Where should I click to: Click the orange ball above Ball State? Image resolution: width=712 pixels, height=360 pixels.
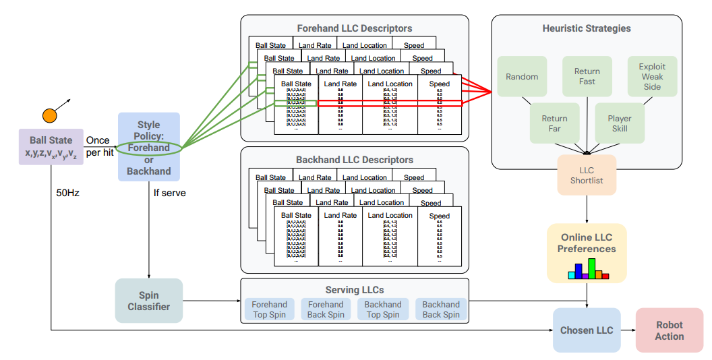(x=49, y=115)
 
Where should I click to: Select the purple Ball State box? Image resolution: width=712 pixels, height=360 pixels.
(x=51, y=146)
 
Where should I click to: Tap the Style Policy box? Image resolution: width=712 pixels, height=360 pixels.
(x=148, y=147)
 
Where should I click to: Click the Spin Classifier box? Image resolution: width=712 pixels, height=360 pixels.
(x=148, y=301)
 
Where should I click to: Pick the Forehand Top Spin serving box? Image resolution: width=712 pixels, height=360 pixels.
(x=269, y=309)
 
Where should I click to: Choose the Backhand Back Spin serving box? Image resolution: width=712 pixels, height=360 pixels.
(x=440, y=309)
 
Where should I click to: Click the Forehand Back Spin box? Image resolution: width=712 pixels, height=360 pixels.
(x=326, y=309)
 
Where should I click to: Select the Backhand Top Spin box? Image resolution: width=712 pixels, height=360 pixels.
(x=383, y=309)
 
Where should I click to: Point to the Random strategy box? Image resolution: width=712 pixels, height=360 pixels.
(x=522, y=77)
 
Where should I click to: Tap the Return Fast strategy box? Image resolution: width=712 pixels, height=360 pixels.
(x=587, y=77)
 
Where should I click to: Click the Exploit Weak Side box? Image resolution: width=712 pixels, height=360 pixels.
(x=652, y=77)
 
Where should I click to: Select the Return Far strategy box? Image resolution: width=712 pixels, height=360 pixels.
(x=554, y=123)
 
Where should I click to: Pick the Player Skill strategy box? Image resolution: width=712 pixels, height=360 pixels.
(x=619, y=123)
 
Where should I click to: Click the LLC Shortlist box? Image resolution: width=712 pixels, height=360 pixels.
(x=587, y=175)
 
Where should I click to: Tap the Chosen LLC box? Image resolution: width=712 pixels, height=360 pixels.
(x=587, y=330)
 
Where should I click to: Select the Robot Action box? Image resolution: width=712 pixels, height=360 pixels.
(x=669, y=330)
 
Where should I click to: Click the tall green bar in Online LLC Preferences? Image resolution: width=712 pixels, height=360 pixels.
(x=591, y=268)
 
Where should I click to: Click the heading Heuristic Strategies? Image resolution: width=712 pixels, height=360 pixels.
(x=587, y=28)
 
